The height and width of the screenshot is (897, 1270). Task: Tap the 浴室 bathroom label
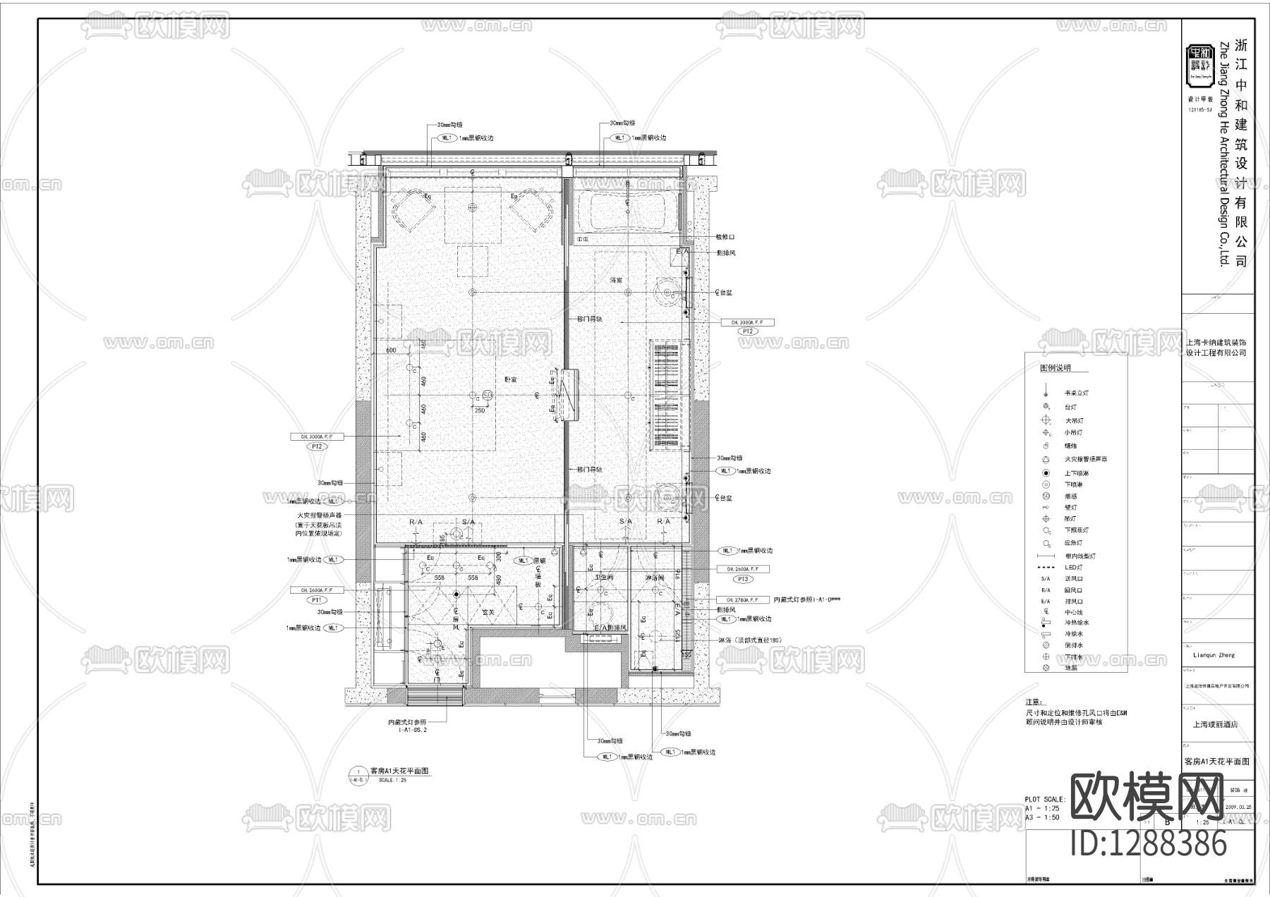(x=617, y=280)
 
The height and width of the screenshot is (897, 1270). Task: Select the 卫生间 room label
(x=605, y=577)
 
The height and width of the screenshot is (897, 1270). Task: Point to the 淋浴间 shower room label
(x=655, y=577)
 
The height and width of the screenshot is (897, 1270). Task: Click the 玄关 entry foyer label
(x=488, y=612)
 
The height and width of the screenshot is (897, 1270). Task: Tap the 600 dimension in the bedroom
(x=391, y=350)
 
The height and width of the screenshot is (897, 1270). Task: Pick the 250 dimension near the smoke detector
(x=480, y=410)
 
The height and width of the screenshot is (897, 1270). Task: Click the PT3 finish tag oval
(x=742, y=579)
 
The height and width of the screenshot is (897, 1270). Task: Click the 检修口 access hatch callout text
(x=725, y=237)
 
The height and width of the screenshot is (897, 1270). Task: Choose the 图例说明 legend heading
(x=1056, y=368)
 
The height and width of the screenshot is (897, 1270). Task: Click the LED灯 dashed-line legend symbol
(x=1046, y=568)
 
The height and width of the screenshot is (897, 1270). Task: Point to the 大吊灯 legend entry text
(x=1074, y=420)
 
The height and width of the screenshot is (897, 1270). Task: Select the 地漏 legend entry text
(x=1071, y=668)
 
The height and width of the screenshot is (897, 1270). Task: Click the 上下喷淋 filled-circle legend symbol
(x=1046, y=473)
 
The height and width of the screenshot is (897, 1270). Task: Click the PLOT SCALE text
(x=1045, y=800)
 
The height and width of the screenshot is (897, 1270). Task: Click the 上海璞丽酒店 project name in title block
(x=1215, y=724)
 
